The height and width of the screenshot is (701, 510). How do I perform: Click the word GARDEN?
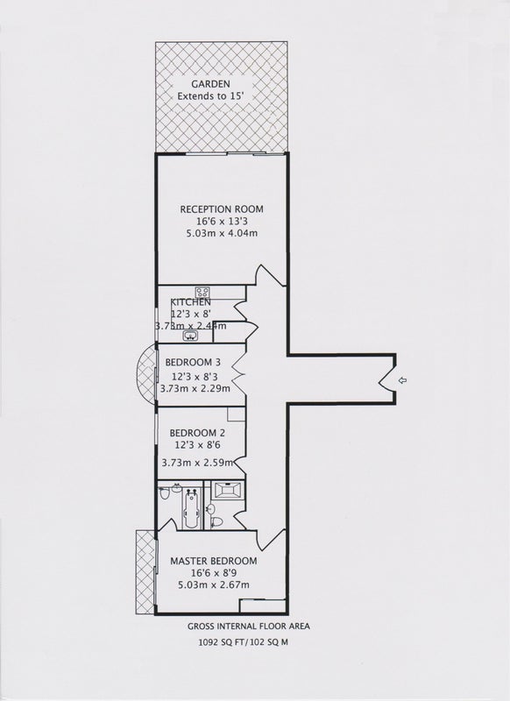pyautogui.click(x=210, y=83)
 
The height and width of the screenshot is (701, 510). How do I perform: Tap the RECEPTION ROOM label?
pyautogui.click(x=222, y=209)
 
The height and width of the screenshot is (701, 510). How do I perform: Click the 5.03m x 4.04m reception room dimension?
pyautogui.click(x=222, y=233)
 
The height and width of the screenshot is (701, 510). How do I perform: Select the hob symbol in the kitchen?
pyautogui.click(x=202, y=292)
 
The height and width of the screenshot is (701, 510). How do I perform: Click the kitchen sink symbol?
pyautogui.click(x=191, y=336)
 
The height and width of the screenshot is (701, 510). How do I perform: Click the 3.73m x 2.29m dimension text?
pyautogui.click(x=195, y=388)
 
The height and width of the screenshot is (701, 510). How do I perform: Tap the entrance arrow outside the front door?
pyautogui.click(x=402, y=380)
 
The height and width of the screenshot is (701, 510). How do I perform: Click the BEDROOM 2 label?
pyautogui.click(x=197, y=433)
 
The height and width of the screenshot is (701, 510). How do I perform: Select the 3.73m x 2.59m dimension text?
pyautogui.click(x=197, y=463)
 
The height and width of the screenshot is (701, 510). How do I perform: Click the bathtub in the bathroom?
pyautogui.click(x=192, y=509)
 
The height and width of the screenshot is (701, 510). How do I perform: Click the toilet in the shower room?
pyautogui.click(x=217, y=521)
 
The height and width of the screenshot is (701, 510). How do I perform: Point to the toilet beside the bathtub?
pyautogui.click(x=165, y=493)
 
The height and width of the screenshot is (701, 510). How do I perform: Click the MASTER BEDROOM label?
pyautogui.click(x=214, y=561)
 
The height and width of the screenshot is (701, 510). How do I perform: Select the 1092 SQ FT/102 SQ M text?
pyautogui.click(x=244, y=642)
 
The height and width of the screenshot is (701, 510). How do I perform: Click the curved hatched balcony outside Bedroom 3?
pyautogui.click(x=145, y=375)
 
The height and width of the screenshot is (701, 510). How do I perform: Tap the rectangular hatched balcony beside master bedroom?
pyautogui.click(x=145, y=572)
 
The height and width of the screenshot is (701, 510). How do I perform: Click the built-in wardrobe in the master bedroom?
pyautogui.click(x=262, y=605)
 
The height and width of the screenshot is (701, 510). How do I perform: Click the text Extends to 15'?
pyautogui.click(x=210, y=96)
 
